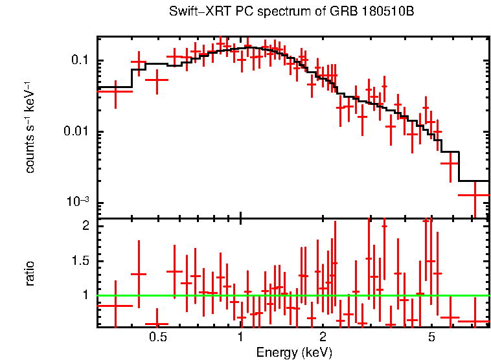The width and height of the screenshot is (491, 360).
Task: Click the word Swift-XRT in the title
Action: (x=194, y=12)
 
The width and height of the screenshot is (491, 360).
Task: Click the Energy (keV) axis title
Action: (x=294, y=353)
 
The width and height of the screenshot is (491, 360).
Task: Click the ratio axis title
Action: (x=30, y=274)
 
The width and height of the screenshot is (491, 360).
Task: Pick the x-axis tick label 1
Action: (x=240, y=338)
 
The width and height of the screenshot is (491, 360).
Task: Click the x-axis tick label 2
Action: (x=323, y=338)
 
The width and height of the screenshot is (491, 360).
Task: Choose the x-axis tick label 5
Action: (x=431, y=338)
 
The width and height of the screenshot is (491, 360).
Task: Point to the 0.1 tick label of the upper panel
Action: (x=79, y=61)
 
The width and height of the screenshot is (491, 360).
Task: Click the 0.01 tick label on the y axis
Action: (x=76, y=132)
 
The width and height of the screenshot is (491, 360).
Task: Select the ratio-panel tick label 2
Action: (x=85, y=227)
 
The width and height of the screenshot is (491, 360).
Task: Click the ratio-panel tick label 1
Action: (x=85, y=295)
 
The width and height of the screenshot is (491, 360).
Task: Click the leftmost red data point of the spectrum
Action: (x=115, y=91)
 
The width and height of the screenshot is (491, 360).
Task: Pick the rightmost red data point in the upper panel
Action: (x=475, y=194)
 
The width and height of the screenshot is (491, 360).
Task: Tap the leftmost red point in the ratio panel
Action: (x=115, y=305)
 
